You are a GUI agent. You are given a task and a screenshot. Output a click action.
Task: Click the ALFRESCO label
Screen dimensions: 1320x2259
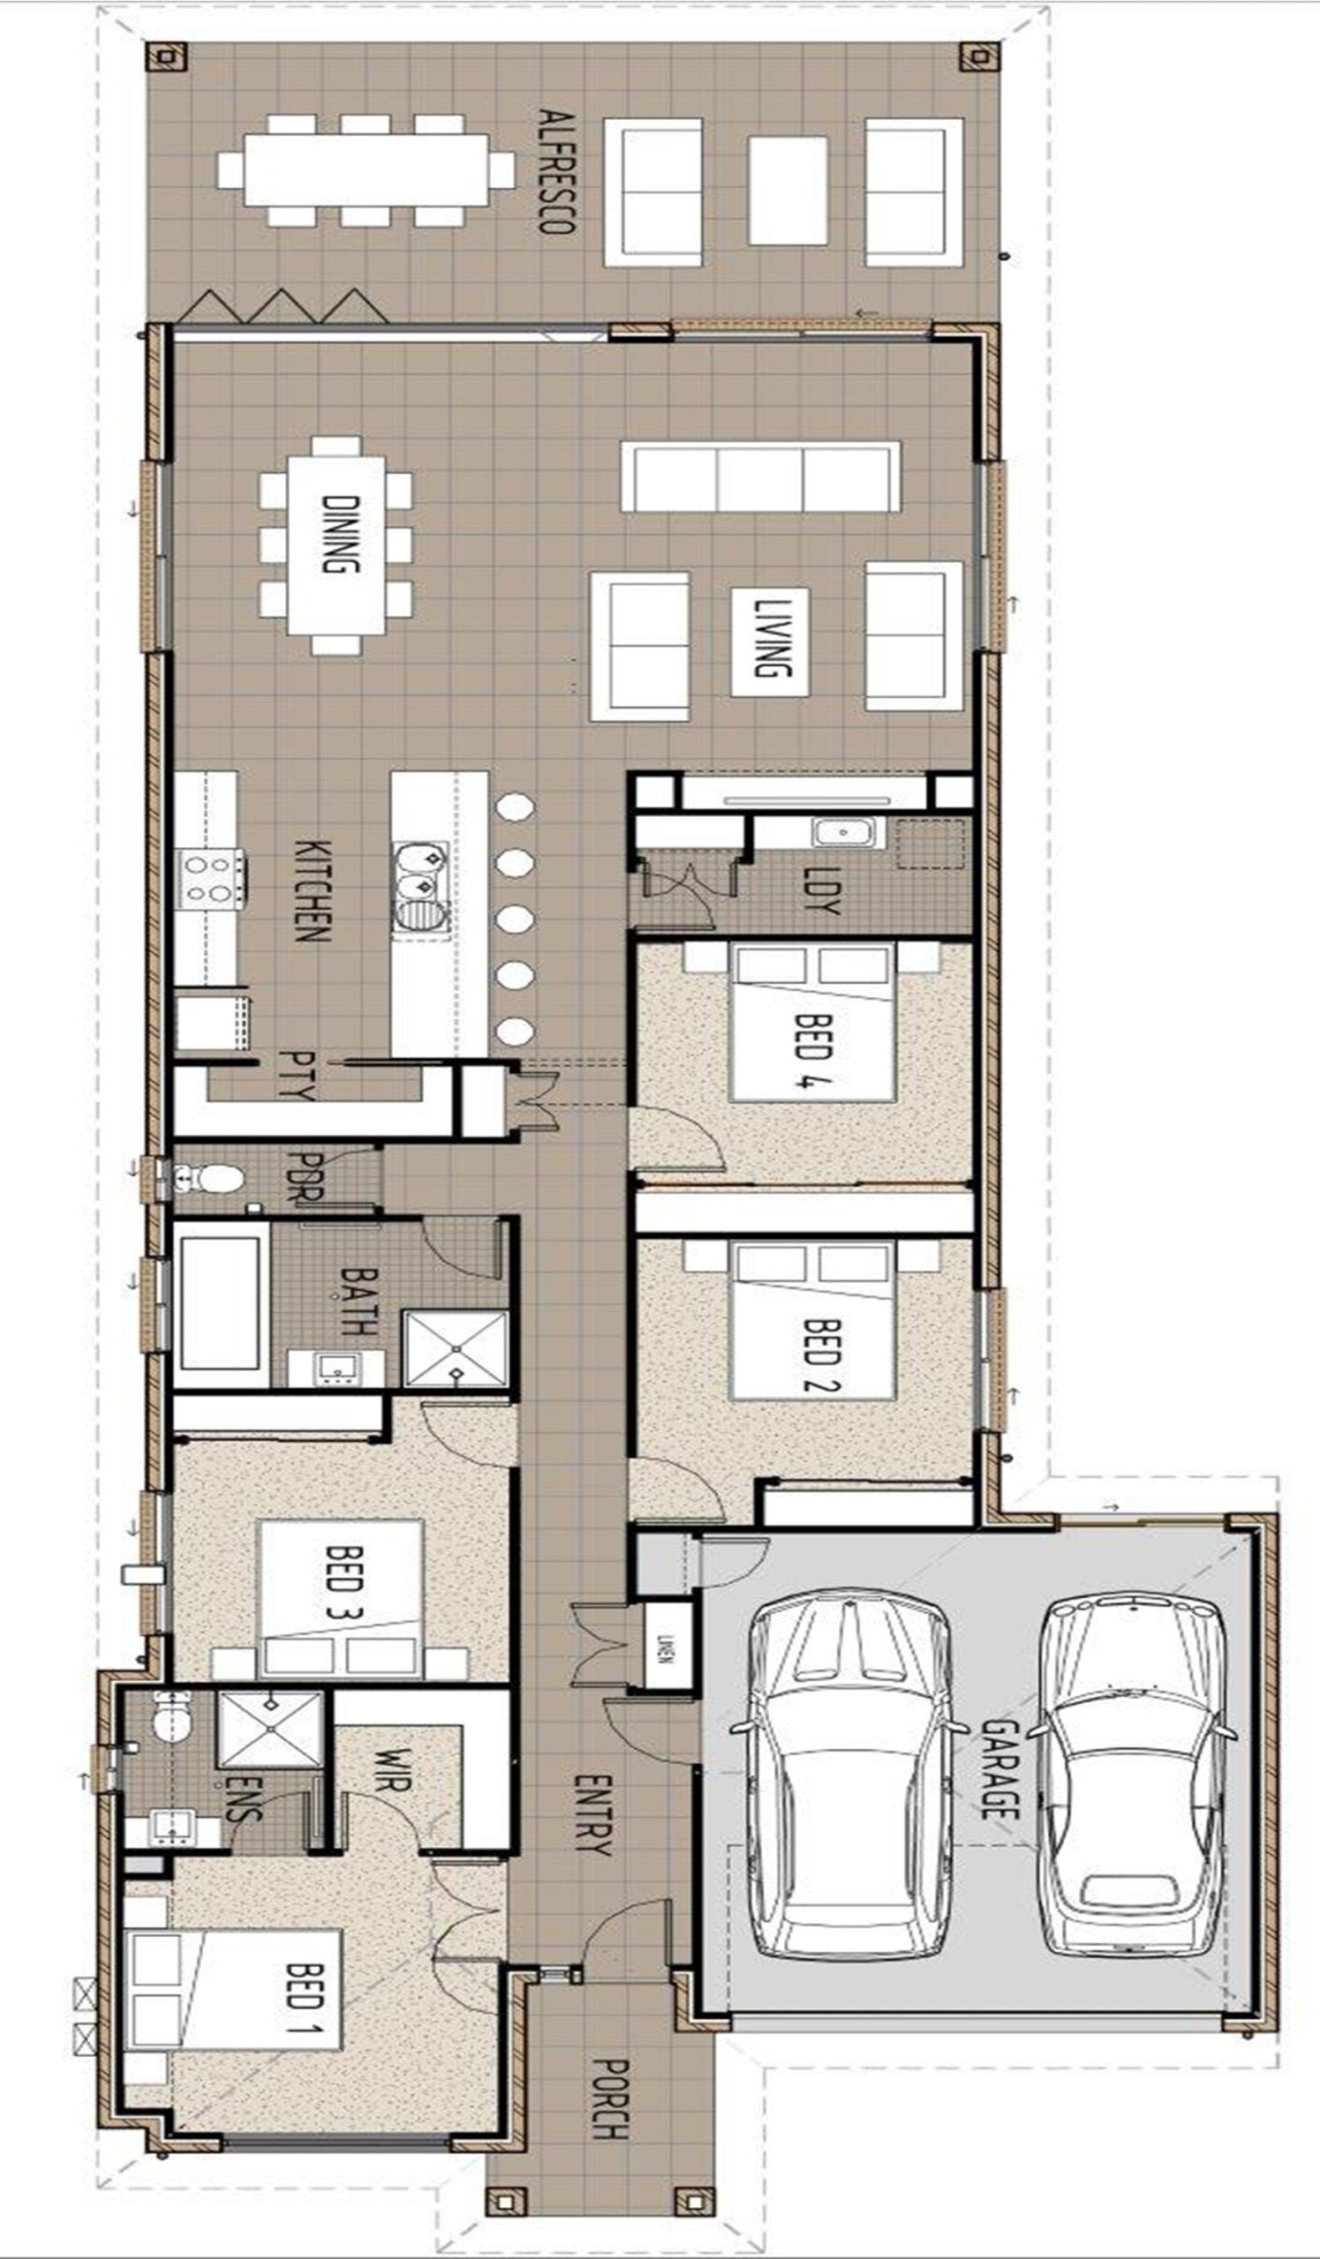point(556,171)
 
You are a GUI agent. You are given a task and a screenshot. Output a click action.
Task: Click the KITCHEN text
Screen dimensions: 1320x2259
point(313,890)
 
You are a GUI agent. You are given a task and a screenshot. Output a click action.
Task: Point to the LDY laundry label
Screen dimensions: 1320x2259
point(821,890)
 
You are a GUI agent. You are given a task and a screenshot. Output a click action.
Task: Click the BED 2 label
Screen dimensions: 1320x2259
point(820,1354)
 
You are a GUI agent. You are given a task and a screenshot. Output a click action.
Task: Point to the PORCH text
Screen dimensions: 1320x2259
point(610,2112)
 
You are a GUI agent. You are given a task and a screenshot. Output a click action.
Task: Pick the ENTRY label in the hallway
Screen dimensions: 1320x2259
point(592,1814)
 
